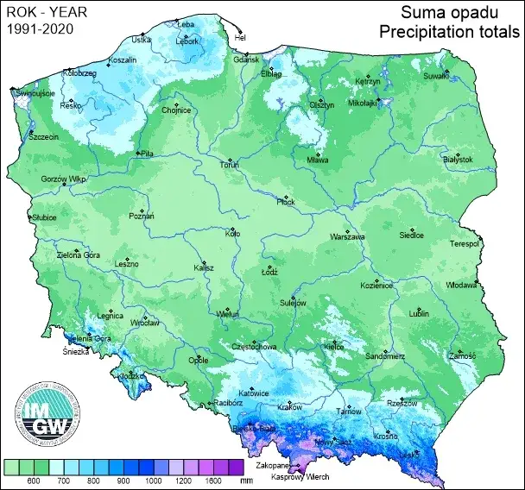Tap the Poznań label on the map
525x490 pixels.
pyautogui.click(x=142, y=216)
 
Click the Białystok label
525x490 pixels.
pyautogui.click(x=458, y=160)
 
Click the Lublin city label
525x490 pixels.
pyautogui.click(x=419, y=314)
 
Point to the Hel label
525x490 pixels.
pyautogui.click(x=241, y=38)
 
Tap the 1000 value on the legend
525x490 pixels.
pyautogui.click(x=153, y=480)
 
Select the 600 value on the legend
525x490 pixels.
pyautogui.click(x=36, y=480)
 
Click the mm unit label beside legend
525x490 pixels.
pyautogui.click(x=246, y=480)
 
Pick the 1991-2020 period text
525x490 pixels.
pyautogui.click(x=40, y=28)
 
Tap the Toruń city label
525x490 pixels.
pyautogui.click(x=228, y=164)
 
